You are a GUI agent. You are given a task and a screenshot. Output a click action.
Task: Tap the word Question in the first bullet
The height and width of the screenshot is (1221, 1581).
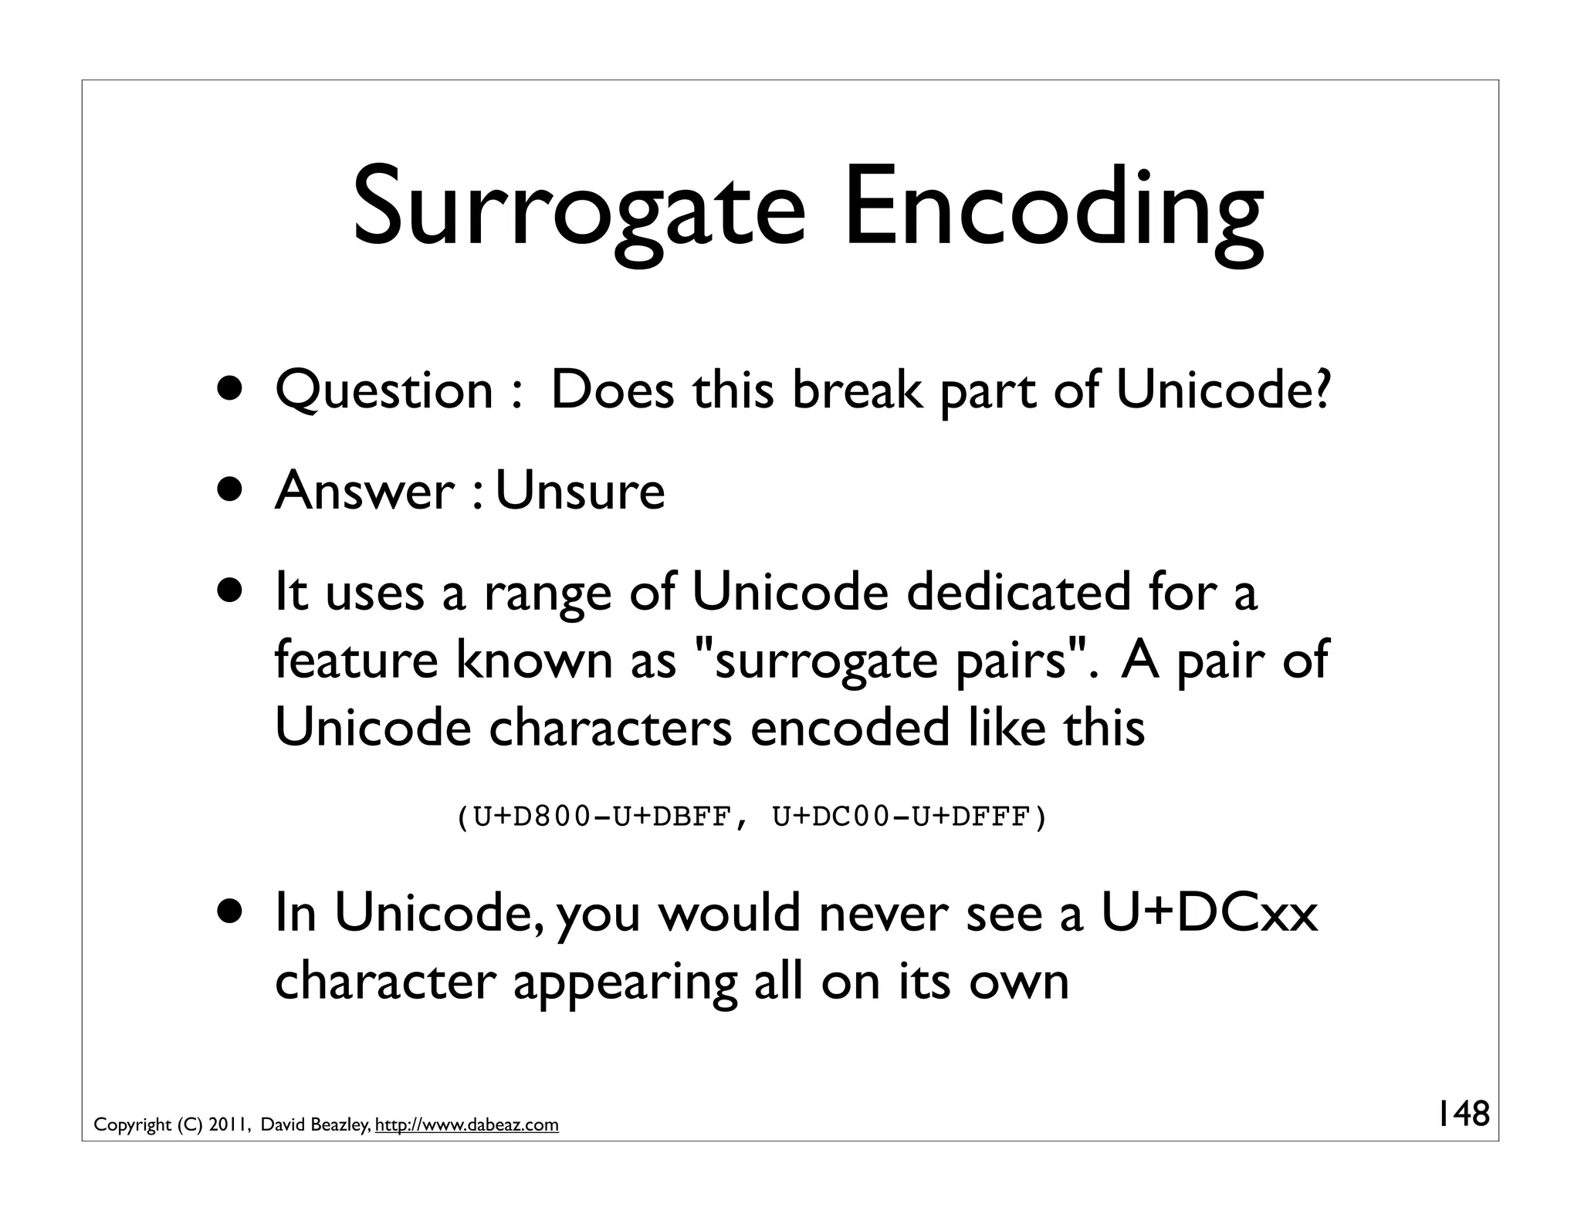(384, 391)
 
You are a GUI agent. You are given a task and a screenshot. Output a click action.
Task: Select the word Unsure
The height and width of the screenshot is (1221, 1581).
(580, 491)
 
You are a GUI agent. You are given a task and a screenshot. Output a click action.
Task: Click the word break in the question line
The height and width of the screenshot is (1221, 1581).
(857, 391)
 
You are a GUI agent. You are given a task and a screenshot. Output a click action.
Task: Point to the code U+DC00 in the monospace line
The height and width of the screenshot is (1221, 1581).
(831, 816)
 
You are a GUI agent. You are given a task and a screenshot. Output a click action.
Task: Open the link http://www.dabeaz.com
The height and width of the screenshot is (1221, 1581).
(466, 1125)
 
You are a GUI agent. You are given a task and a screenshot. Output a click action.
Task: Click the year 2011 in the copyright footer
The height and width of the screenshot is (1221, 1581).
(225, 1125)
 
